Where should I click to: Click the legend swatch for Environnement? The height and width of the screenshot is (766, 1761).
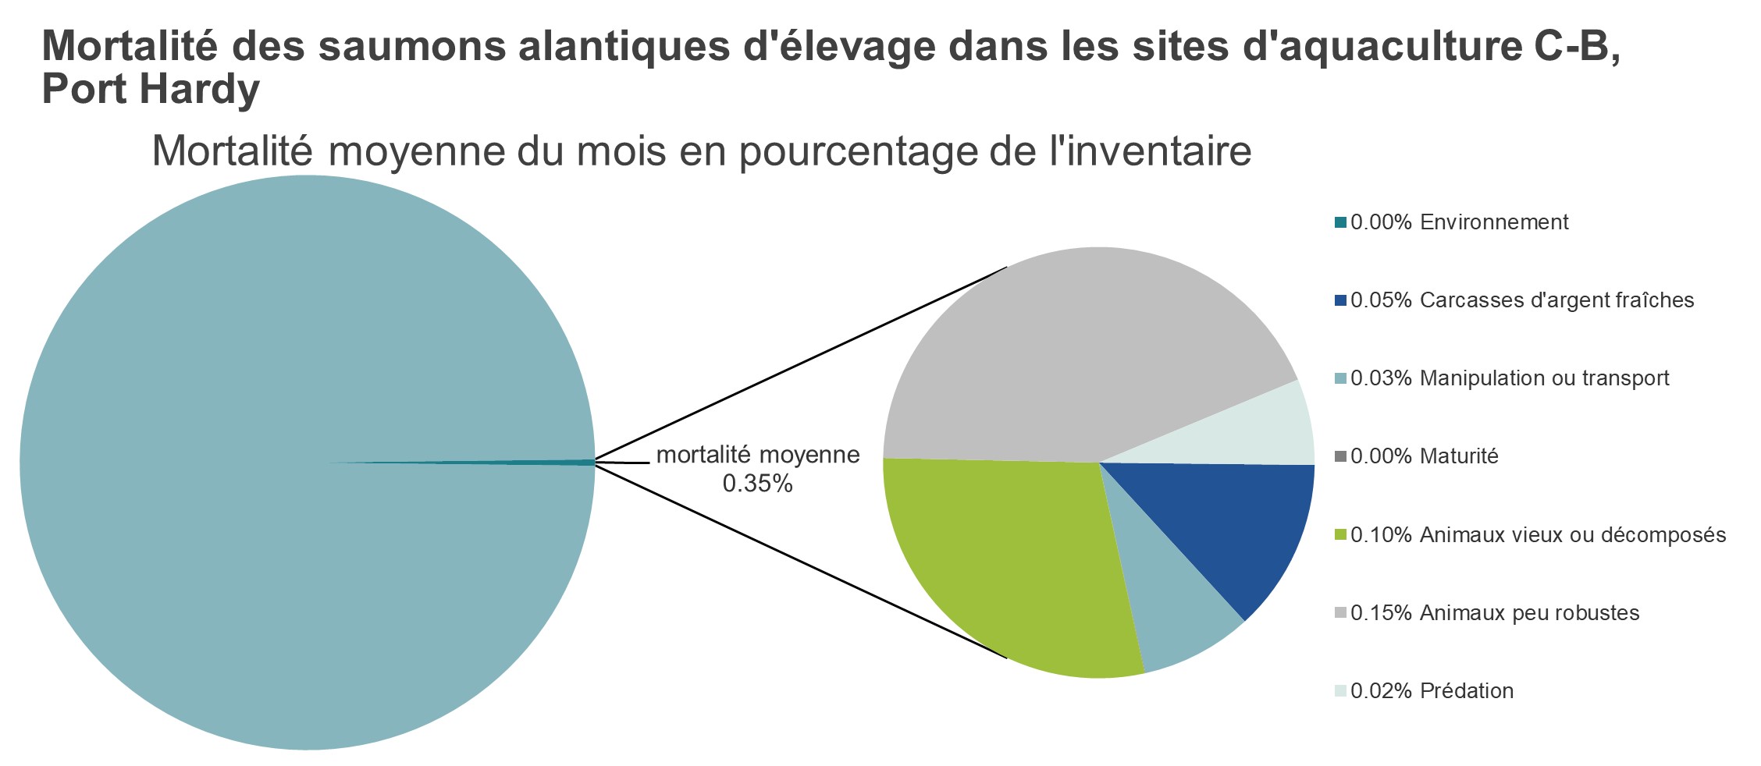coord(1340,222)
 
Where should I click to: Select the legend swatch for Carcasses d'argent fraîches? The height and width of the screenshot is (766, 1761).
coord(1340,300)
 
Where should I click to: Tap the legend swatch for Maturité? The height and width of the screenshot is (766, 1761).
coord(1340,456)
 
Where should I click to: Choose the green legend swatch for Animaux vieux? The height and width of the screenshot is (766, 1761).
coord(1340,534)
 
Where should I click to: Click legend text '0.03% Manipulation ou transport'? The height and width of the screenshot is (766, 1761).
coord(1510,378)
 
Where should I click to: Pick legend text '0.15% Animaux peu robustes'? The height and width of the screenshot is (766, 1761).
coord(1495,612)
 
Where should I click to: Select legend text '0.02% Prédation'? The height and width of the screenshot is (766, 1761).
coord(1432,690)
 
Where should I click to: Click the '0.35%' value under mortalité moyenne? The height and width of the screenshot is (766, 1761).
coord(757,484)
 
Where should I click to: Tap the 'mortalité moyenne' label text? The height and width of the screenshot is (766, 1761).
coord(757,455)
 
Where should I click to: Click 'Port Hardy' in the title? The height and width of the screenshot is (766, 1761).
coord(150,90)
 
